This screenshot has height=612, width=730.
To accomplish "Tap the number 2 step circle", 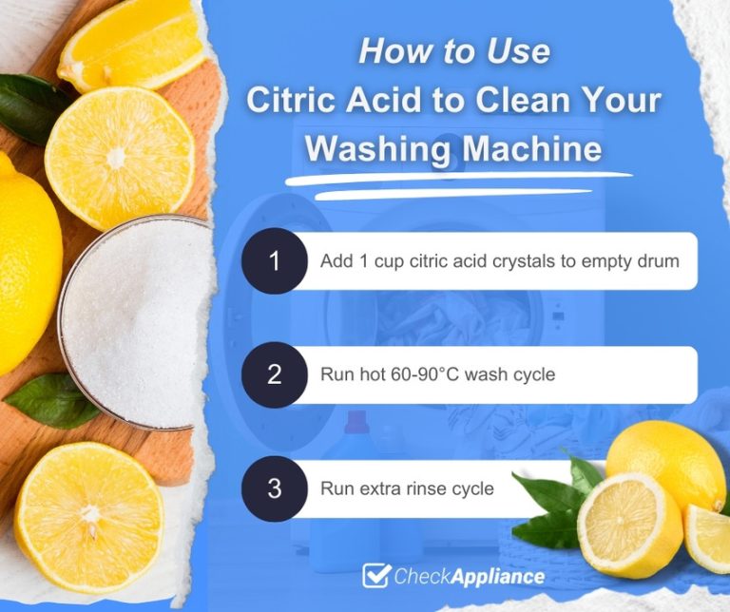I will coord(275,374).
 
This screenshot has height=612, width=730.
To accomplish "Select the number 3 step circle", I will coord(275,488).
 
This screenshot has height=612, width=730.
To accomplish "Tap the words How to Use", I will coord(453,51).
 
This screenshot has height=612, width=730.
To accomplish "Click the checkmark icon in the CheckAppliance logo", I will coord(377,576).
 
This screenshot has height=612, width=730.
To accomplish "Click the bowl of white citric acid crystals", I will coord(133,319).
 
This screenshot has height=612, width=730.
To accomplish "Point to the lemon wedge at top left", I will coord(128,43).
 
